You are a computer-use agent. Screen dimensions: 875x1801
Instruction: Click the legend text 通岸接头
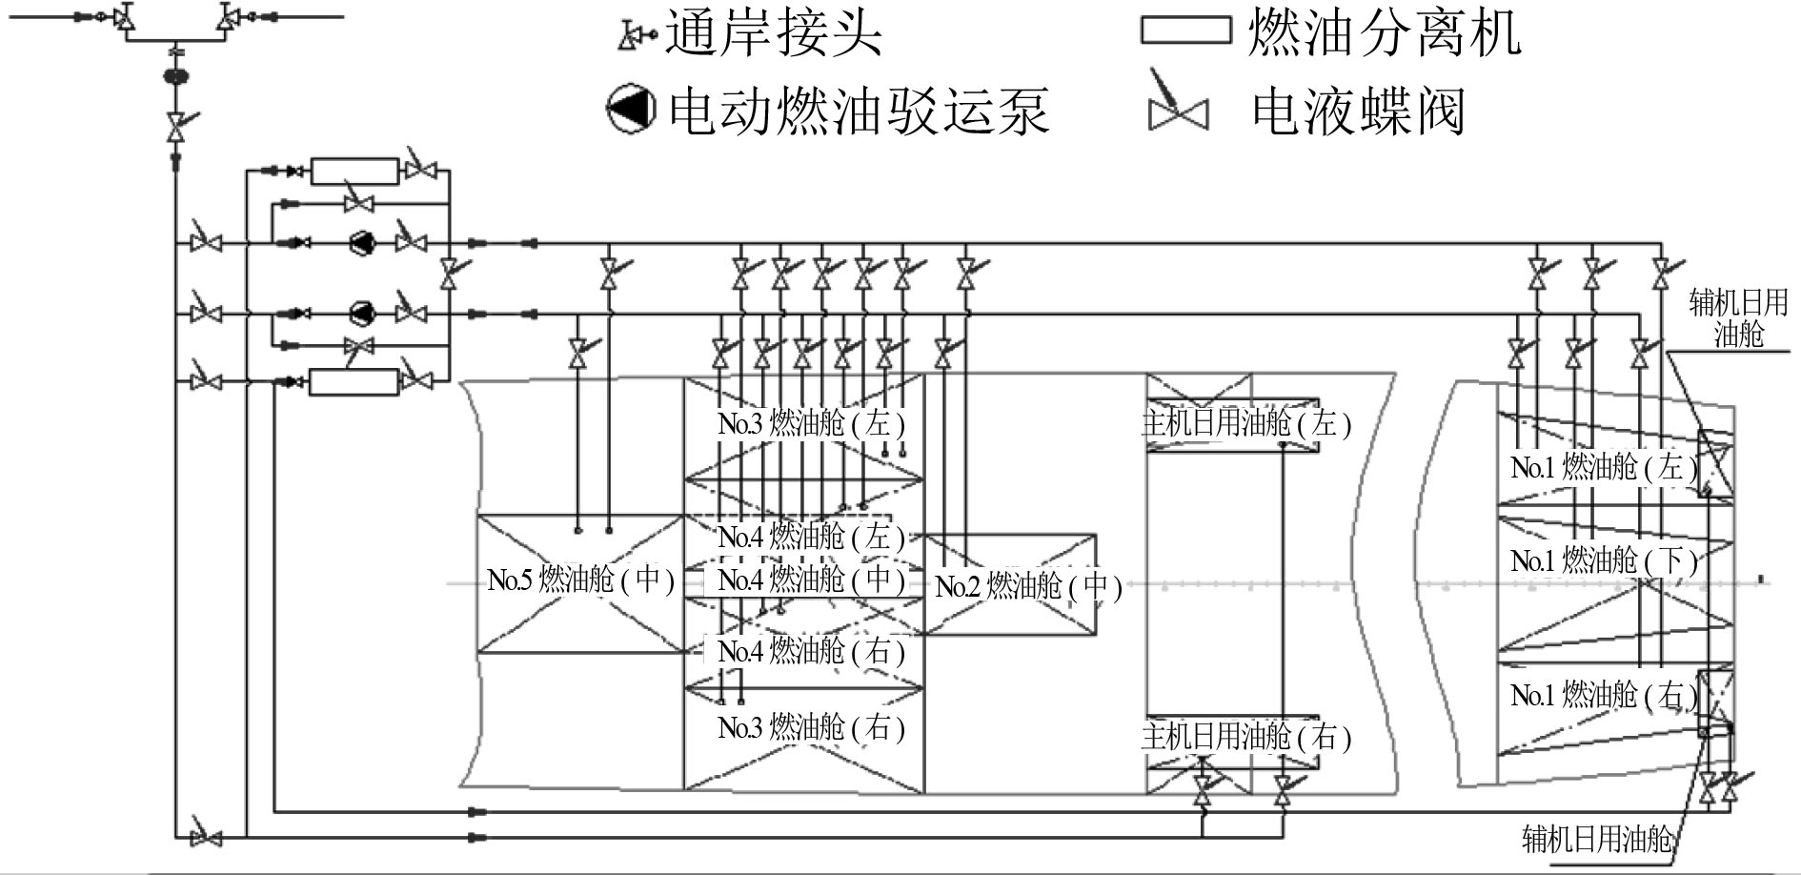click(x=774, y=35)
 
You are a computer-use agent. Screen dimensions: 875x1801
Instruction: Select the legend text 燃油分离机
click(x=1385, y=35)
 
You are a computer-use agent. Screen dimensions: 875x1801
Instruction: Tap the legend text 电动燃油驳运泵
click(x=860, y=111)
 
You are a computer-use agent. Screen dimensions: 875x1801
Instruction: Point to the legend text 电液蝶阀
click(x=1358, y=112)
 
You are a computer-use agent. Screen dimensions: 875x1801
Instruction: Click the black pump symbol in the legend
click(x=631, y=110)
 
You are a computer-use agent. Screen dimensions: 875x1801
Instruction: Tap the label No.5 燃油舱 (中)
click(x=581, y=580)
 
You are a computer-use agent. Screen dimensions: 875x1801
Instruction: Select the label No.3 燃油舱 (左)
click(x=811, y=423)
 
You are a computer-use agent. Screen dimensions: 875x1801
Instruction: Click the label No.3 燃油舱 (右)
click(x=811, y=728)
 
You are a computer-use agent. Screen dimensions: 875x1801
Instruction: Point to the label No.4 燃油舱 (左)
click(x=811, y=537)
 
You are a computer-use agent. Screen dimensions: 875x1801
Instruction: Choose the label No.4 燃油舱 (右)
click(x=811, y=652)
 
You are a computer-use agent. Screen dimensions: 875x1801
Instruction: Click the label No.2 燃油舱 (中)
click(x=1028, y=586)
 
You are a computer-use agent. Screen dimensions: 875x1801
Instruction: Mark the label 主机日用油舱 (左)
click(x=1246, y=423)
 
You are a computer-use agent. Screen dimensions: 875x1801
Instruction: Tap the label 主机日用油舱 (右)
click(x=1246, y=737)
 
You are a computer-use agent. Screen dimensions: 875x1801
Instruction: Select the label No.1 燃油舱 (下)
click(x=1604, y=560)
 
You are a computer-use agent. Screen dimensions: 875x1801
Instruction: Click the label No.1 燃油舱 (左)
click(x=1604, y=467)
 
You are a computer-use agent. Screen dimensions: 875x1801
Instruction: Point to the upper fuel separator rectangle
click(x=354, y=172)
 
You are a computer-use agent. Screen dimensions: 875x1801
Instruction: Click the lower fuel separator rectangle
click(x=354, y=382)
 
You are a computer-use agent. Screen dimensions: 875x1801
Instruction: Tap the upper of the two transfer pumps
click(x=362, y=243)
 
